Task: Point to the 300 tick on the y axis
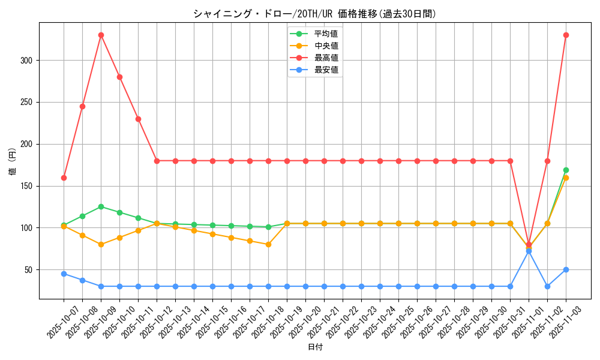click(x=27, y=61)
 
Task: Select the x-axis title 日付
click(x=314, y=347)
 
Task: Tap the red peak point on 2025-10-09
click(x=101, y=35)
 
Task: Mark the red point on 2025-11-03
click(x=566, y=35)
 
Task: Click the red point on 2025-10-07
click(x=64, y=178)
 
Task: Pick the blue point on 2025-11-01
click(x=529, y=251)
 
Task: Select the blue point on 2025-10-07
click(x=64, y=274)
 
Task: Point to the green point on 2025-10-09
click(x=101, y=206)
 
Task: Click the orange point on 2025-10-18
click(x=268, y=244)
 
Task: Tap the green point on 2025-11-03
click(x=566, y=170)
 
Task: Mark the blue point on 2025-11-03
click(x=566, y=269)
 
